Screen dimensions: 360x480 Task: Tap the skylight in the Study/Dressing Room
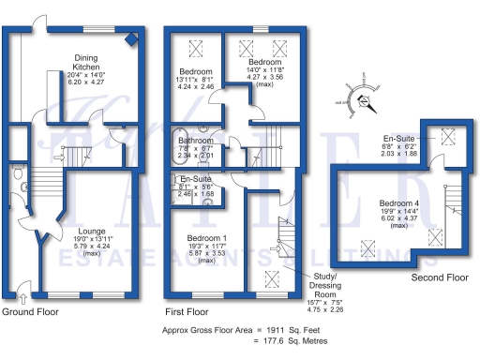click(272, 277)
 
